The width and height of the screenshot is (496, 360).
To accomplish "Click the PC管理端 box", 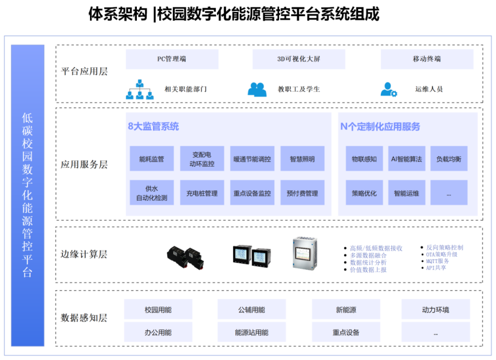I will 172,59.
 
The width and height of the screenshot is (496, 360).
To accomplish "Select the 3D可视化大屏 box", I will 298,59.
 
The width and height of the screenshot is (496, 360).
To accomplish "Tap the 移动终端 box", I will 427,59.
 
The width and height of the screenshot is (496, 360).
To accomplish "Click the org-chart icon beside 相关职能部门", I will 140,89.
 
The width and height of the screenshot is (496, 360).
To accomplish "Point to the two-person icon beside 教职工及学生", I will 257,89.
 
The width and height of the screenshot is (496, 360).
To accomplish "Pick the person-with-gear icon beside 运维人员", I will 389,89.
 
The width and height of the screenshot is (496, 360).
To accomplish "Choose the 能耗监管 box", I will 151,159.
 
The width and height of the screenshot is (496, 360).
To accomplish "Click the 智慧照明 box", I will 302,159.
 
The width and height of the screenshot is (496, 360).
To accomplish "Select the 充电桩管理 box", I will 202,193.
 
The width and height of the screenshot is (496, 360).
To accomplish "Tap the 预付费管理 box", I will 302,193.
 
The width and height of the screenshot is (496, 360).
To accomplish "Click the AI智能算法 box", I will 406,159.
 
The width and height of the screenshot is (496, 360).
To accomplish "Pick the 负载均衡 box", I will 448,159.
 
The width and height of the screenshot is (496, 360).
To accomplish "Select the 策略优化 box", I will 364,193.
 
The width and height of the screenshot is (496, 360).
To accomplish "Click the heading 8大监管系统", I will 153,126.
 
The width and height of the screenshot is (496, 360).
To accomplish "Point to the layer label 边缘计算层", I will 84,254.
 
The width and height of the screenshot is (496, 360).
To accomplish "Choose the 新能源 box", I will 346,310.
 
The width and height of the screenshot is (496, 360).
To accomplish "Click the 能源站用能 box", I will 251,332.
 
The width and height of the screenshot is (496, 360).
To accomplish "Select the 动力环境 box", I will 435,310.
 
